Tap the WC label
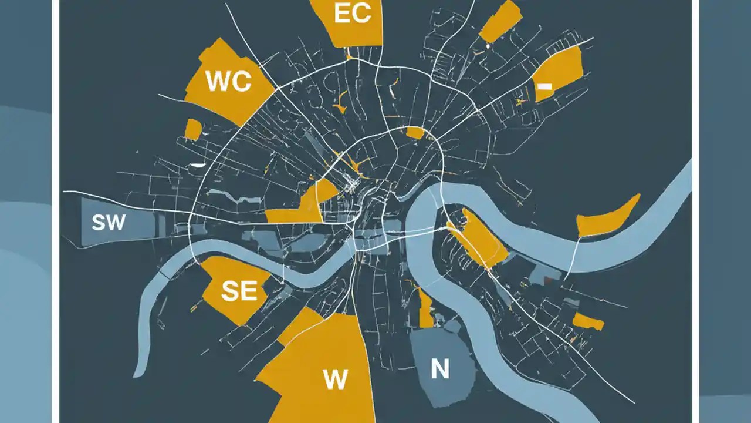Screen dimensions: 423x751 (228, 82)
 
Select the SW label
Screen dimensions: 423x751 (109, 222)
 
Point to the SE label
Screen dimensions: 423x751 (239, 290)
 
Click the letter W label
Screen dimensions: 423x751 (335, 380)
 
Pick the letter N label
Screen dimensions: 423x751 (439, 368)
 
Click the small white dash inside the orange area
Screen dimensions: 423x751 (544, 86)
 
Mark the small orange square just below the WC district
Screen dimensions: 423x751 (192, 129)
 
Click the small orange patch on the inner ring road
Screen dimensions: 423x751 (414, 133)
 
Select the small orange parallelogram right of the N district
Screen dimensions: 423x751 (588, 321)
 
